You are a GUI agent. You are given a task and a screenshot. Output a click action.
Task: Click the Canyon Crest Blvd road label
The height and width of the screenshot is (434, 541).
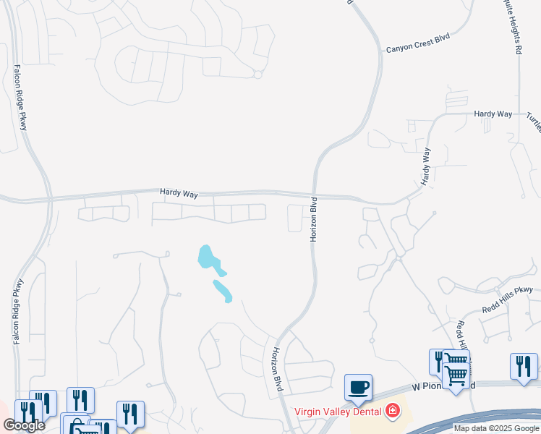(x=417, y=48)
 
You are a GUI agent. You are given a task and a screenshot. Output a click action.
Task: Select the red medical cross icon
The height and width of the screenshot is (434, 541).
(x=393, y=412)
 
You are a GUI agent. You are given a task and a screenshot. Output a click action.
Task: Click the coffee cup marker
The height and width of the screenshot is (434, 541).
(x=358, y=388)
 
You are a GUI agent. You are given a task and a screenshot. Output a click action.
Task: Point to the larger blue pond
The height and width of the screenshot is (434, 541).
(x=209, y=258)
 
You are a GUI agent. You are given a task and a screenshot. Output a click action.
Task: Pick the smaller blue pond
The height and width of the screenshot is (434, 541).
(x=222, y=290)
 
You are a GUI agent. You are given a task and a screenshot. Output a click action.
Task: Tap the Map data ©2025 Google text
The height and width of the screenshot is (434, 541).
(x=496, y=428)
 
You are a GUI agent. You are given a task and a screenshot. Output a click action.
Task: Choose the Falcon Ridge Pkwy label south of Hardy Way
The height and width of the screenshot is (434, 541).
(x=18, y=311)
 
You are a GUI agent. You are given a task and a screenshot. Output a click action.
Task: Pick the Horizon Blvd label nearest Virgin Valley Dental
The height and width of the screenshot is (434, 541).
(x=276, y=370)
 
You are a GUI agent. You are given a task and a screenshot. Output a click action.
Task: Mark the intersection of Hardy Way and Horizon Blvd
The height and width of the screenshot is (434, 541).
(x=316, y=194)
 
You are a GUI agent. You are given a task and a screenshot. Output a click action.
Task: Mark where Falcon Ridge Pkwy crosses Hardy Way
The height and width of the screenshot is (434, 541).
(x=48, y=197)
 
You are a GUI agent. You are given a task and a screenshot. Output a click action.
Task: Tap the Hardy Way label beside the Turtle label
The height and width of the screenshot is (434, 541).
(x=493, y=114)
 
